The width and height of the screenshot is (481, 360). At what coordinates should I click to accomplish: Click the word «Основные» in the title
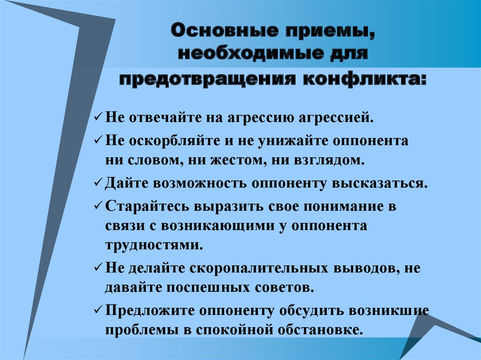(x=225, y=31)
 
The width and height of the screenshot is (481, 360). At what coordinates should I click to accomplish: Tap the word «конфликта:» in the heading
(x=365, y=80)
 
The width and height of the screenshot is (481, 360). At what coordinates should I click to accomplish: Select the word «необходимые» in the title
(x=251, y=54)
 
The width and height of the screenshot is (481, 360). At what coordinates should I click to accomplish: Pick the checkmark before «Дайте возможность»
(x=99, y=183)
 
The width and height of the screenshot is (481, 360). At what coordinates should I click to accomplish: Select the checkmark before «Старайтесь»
(x=99, y=206)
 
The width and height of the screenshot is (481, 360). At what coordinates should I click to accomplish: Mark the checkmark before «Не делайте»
(x=99, y=268)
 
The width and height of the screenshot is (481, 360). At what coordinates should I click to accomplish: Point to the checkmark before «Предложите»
(x=99, y=310)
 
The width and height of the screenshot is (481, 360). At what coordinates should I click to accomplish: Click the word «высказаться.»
(x=380, y=184)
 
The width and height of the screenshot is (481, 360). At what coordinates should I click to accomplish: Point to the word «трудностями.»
(x=154, y=246)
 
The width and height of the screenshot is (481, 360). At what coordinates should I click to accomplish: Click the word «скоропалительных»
(x=259, y=268)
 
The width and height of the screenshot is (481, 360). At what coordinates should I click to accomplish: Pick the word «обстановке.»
(x=319, y=330)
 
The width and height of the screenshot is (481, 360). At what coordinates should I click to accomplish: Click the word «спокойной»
(x=234, y=330)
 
